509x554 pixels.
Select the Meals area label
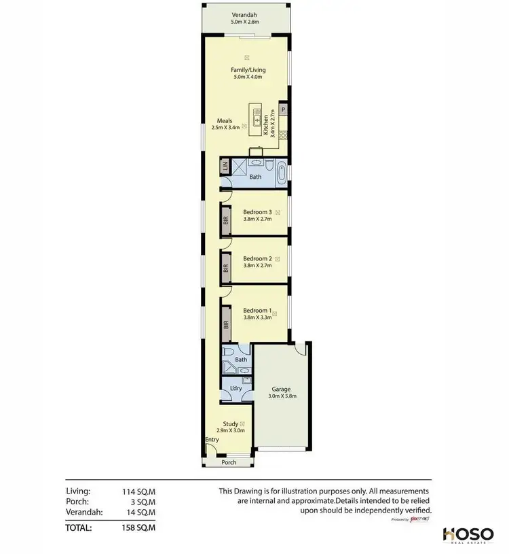coord(224,121)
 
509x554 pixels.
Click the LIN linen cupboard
coord(224,167)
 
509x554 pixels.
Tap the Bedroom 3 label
coord(257,212)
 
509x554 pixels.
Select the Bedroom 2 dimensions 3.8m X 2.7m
coord(257,266)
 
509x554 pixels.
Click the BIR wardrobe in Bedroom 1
coord(225,326)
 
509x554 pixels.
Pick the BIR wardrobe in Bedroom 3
coord(225,220)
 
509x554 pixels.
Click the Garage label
coord(281,389)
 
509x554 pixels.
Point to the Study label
coord(229,423)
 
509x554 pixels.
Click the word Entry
coord(212,439)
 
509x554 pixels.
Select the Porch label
coord(229,463)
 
